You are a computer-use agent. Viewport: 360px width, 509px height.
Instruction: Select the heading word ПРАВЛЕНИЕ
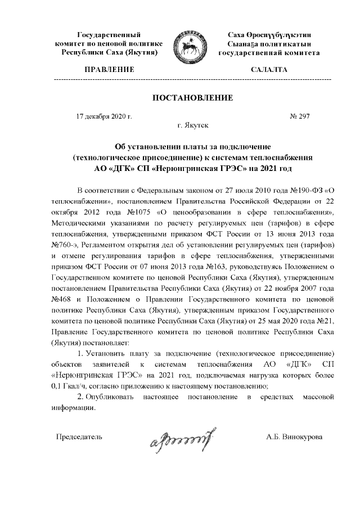(x=109, y=70)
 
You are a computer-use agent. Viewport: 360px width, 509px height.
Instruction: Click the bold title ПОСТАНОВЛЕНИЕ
(x=192, y=98)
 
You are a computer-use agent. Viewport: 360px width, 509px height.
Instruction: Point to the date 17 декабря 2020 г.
(x=103, y=116)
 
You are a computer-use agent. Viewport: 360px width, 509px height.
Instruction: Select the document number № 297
(x=300, y=116)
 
